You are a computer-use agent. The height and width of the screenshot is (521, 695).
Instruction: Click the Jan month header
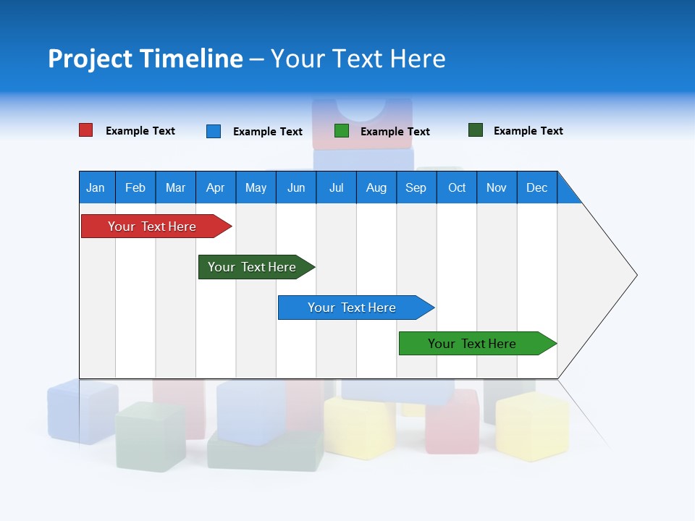click(x=96, y=187)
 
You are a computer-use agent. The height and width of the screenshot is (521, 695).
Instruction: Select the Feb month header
click(x=135, y=187)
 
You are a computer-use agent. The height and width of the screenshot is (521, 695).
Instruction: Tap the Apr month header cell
click(x=215, y=187)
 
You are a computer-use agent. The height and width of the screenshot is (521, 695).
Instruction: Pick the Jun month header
click(x=296, y=187)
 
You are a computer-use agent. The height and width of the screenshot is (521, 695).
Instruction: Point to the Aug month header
click(x=376, y=187)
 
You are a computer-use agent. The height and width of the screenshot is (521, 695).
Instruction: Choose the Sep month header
click(x=416, y=187)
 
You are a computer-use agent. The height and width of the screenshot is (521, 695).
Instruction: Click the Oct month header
click(x=457, y=187)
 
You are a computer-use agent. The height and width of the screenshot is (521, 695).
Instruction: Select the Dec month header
click(x=537, y=187)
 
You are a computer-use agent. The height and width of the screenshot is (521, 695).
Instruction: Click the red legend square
click(x=86, y=130)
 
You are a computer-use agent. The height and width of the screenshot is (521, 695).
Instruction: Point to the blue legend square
click(x=214, y=131)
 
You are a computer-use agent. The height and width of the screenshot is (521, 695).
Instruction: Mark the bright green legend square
click(x=342, y=131)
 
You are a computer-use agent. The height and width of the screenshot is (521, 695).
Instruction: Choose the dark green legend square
click(x=476, y=130)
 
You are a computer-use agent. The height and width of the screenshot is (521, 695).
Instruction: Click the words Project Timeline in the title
click(x=146, y=59)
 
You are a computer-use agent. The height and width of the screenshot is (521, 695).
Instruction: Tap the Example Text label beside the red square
click(x=140, y=131)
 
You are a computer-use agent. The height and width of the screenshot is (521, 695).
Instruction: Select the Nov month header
click(x=497, y=187)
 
